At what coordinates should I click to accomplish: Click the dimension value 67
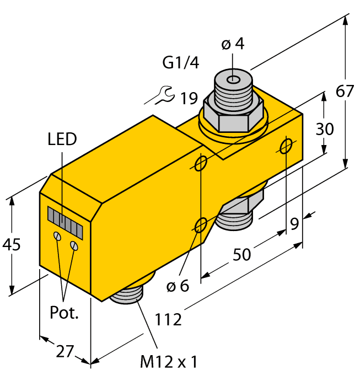(x=345, y=91)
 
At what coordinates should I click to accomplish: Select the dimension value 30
(x=325, y=129)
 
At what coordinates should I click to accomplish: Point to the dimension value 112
(x=168, y=318)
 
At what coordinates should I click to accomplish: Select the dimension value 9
(x=295, y=224)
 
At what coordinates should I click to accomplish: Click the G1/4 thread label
(x=180, y=63)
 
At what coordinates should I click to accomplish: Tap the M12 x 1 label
(x=168, y=362)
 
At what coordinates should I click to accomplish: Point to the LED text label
(x=62, y=139)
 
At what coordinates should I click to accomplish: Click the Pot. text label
(x=65, y=313)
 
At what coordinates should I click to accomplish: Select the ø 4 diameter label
(x=232, y=44)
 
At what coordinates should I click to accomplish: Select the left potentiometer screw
(x=57, y=237)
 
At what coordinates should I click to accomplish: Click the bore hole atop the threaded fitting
(x=234, y=80)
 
